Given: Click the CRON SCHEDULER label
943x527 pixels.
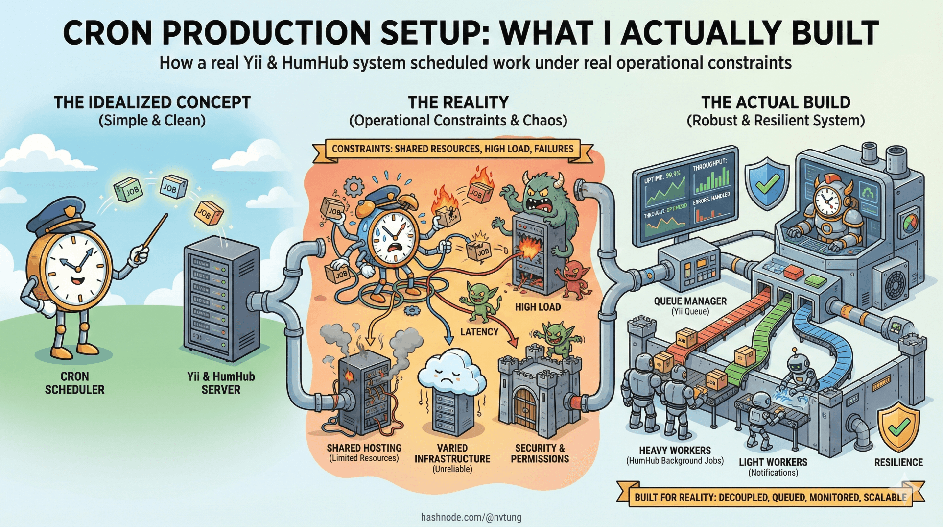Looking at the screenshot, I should pyautogui.click(x=74, y=383).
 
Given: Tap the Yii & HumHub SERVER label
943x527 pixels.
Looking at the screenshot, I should pyautogui.click(x=221, y=383).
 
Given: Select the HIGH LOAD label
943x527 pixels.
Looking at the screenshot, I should pyautogui.click(x=538, y=307).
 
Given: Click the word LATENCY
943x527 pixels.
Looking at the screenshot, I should pyautogui.click(x=479, y=332).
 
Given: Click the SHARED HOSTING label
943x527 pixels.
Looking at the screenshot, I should pyautogui.click(x=364, y=448).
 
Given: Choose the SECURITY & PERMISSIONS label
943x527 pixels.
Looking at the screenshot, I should pyautogui.click(x=540, y=453).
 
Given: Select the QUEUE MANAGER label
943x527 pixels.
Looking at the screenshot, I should pyautogui.click(x=690, y=301).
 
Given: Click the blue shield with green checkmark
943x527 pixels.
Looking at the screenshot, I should pyautogui.click(x=767, y=183).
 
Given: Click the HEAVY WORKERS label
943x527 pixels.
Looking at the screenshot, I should pyautogui.click(x=675, y=451).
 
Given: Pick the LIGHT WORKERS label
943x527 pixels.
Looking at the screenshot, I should pyautogui.click(x=773, y=462).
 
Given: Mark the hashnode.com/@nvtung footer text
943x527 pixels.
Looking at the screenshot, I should pyautogui.click(x=471, y=517).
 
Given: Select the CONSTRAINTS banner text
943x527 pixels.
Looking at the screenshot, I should pyautogui.click(x=452, y=149).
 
